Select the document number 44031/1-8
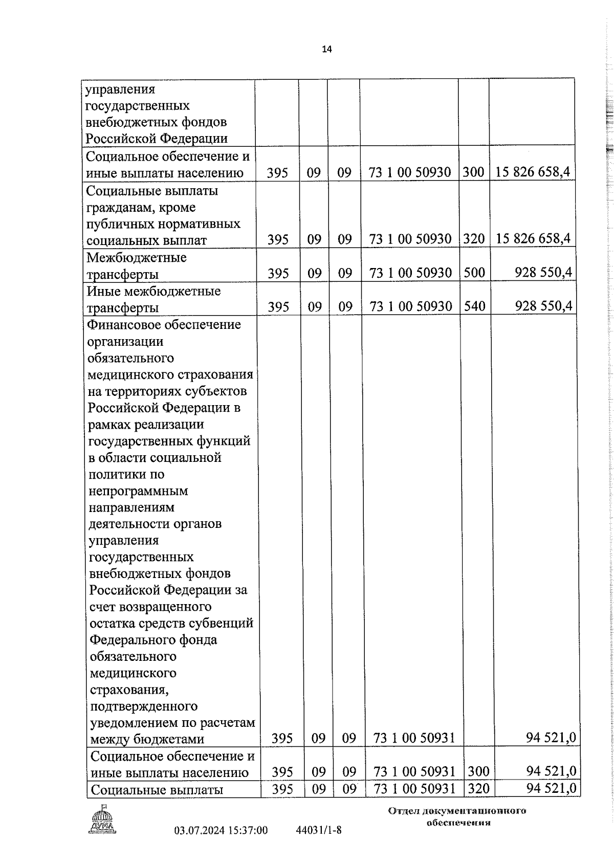click(319, 830)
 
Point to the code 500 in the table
click(474, 273)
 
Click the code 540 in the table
click(474, 306)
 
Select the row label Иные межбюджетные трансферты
click(153, 299)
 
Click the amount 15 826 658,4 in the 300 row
click(532, 172)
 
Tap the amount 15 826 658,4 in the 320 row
click(532, 239)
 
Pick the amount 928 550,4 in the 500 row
click(543, 273)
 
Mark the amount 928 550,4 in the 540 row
click(543, 306)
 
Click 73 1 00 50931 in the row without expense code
click(414, 738)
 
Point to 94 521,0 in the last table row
click(552, 788)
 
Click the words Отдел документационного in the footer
click(457, 811)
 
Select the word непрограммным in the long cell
click(138, 491)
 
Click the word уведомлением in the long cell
click(134, 723)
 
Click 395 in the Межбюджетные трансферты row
click(278, 274)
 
